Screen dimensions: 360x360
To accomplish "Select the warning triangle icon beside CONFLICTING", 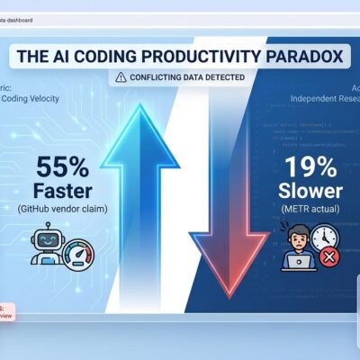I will (x=121, y=78).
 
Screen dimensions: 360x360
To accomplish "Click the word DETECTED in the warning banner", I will (x=221, y=78).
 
